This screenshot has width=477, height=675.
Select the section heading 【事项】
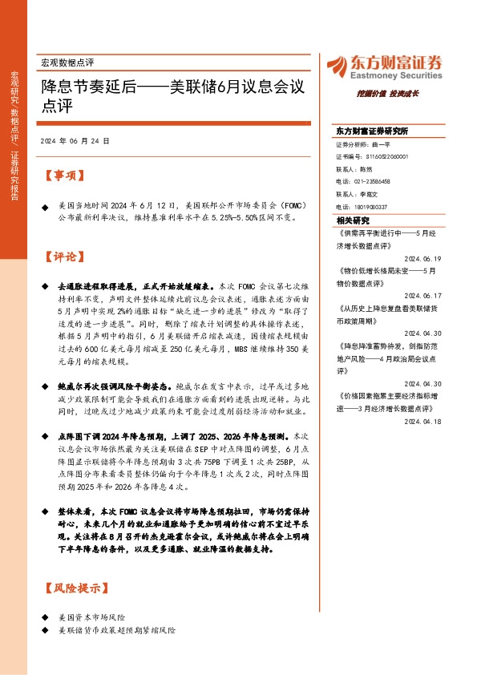(63, 175)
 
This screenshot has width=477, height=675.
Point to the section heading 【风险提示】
(75, 588)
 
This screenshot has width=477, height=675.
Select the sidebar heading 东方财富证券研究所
(371, 131)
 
